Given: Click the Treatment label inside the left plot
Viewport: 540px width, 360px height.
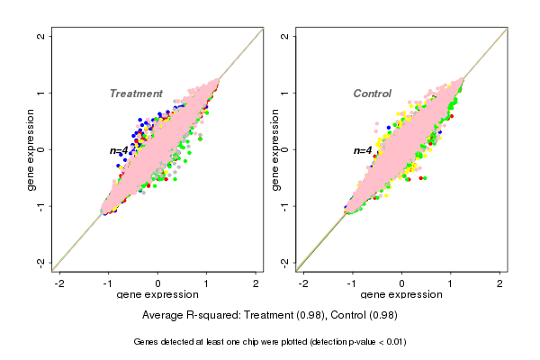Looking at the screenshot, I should (x=136, y=94).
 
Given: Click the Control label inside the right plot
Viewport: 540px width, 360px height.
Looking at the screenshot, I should (x=372, y=94).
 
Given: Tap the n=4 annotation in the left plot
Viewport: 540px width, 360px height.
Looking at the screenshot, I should (x=120, y=150).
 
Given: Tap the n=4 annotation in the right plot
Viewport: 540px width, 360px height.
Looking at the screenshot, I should (x=363, y=150).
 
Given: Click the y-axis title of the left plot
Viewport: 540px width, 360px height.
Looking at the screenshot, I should (x=31, y=149).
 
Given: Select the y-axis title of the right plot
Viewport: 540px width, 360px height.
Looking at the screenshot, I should (x=275, y=149).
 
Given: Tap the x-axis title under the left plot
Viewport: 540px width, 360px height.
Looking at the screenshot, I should (x=157, y=295).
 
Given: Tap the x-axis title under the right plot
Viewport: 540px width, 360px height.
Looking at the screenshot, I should (x=401, y=295).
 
